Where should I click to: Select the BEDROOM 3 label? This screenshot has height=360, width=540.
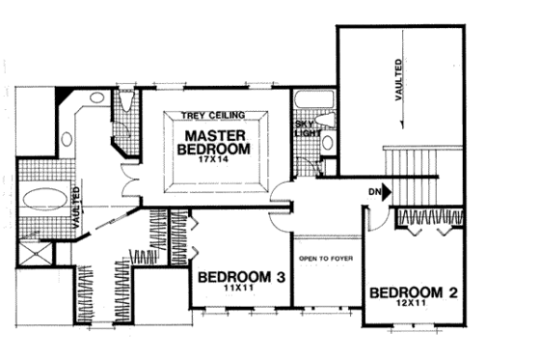[x=241, y=278]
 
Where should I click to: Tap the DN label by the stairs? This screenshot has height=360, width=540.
[x=372, y=191]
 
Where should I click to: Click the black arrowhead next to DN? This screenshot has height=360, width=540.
[x=387, y=192]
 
